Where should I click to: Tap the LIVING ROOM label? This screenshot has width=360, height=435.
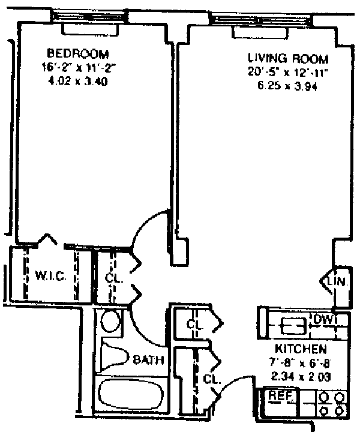(x=288, y=59)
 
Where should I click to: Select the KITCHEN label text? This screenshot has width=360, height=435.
(x=301, y=349)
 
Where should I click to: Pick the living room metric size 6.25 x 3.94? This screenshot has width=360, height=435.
(x=287, y=86)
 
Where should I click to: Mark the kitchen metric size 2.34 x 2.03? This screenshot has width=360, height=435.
(x=301, y=377)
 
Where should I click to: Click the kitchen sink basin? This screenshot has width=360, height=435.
(x=293, y=326)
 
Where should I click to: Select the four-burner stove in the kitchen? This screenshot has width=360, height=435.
(x=332, y=404)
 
